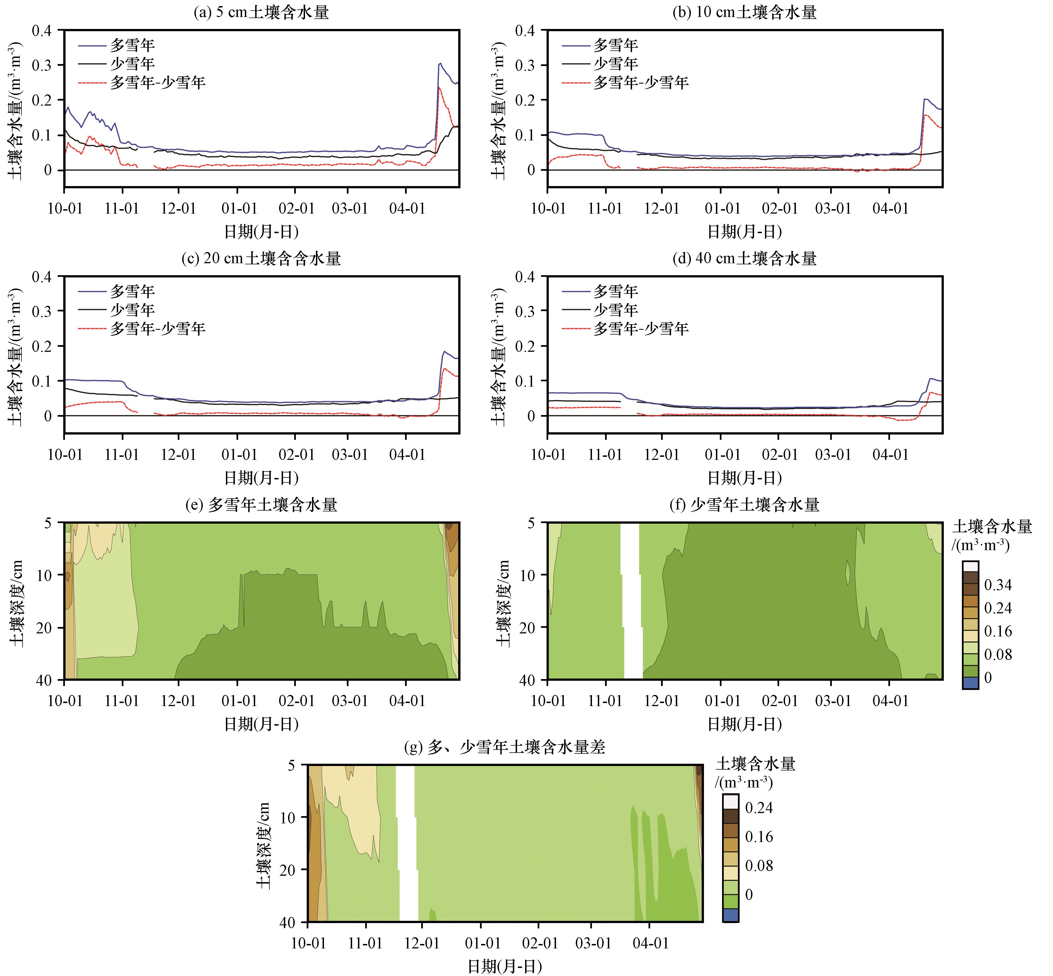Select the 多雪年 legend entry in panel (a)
point(132,45)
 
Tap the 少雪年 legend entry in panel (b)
point(616,64)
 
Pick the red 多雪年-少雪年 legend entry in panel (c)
point(157,328)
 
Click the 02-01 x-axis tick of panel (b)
point(779,208)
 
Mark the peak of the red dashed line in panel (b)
point(924,114)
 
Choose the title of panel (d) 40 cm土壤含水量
point(745,258)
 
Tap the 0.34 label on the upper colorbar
point(998,585)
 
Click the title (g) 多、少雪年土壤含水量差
point(504,747)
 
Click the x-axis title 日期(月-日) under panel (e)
point(261,724)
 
